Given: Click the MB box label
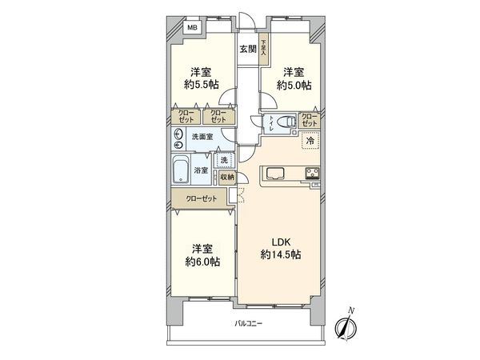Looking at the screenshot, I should coord(191,28).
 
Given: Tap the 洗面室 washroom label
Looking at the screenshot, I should coord(202,137).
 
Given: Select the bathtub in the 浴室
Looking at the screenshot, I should coord(180,170).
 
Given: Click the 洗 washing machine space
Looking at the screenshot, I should coord(226,159).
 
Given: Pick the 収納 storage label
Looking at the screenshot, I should coord(227,178).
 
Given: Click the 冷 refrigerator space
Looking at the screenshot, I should coord(309,142).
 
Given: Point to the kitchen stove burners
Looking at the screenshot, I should coord(310,173).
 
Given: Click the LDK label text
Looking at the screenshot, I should coord(280,242).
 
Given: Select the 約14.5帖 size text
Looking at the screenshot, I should coord(280,255).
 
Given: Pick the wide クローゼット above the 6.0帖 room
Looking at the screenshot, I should coord(199,197).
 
